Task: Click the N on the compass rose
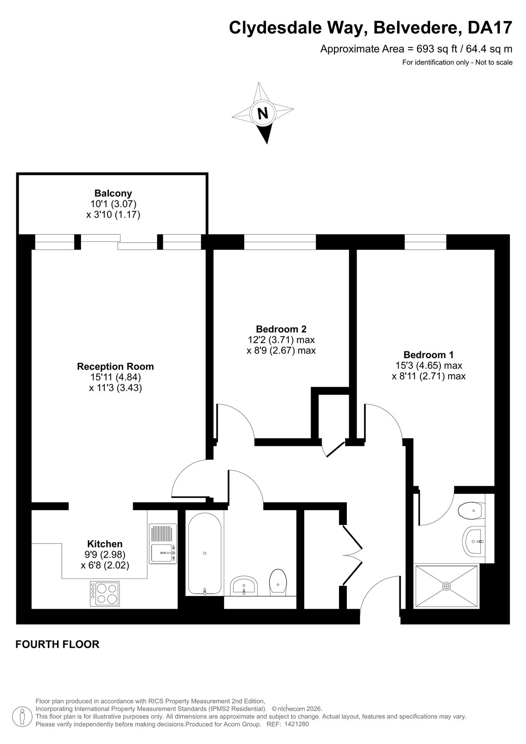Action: pos(263,113)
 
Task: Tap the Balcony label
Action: pos(113,193)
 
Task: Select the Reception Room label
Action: pos(115,366)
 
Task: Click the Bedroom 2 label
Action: pos(281,329)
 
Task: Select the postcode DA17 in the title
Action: pos(490,27)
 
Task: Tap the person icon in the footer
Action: pos(22,718)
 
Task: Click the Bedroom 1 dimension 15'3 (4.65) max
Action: pos(429,365)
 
